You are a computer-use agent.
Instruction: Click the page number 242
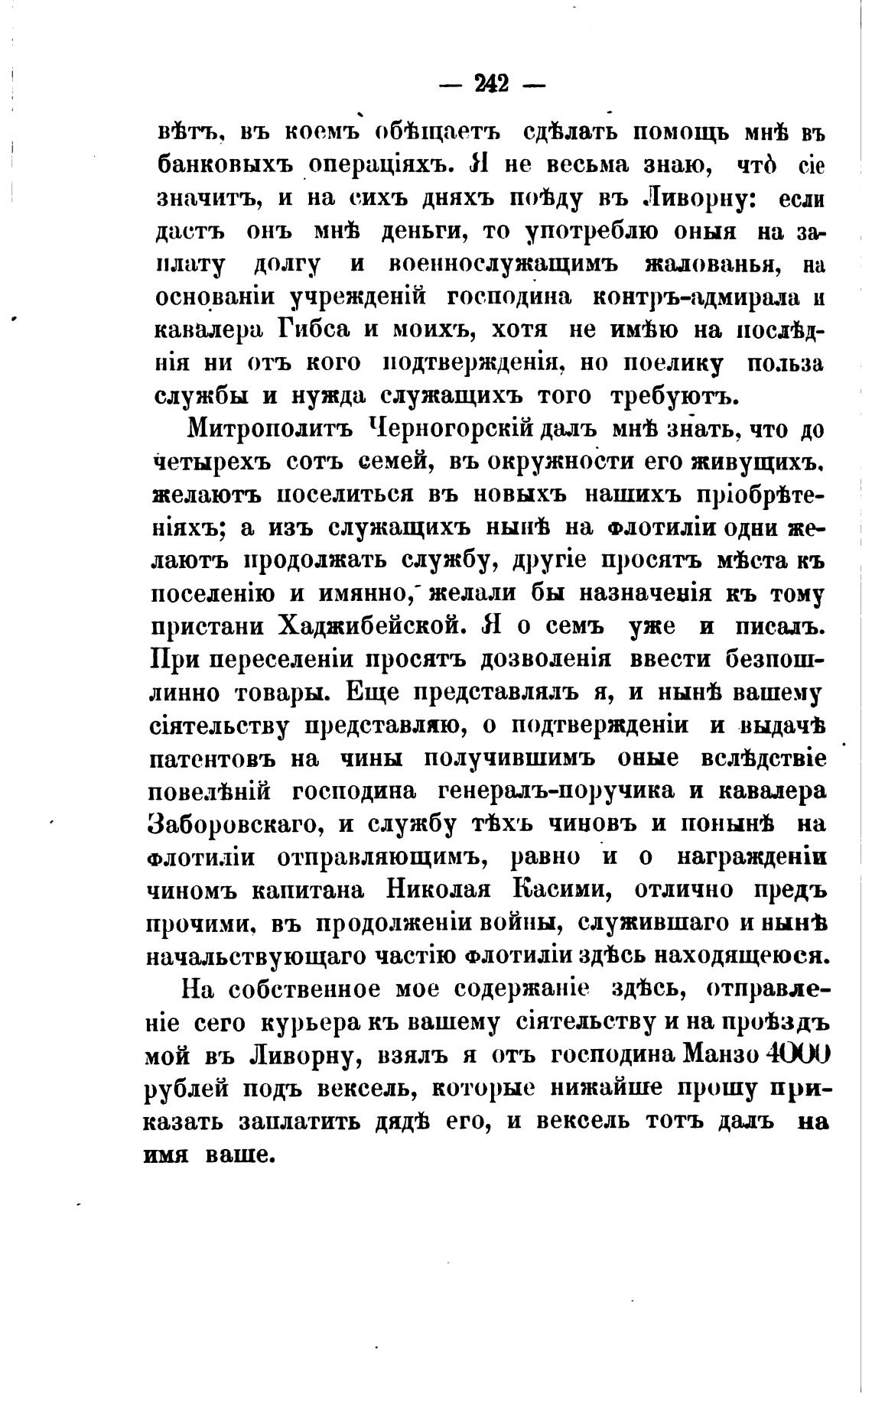(x=492, y=83)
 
